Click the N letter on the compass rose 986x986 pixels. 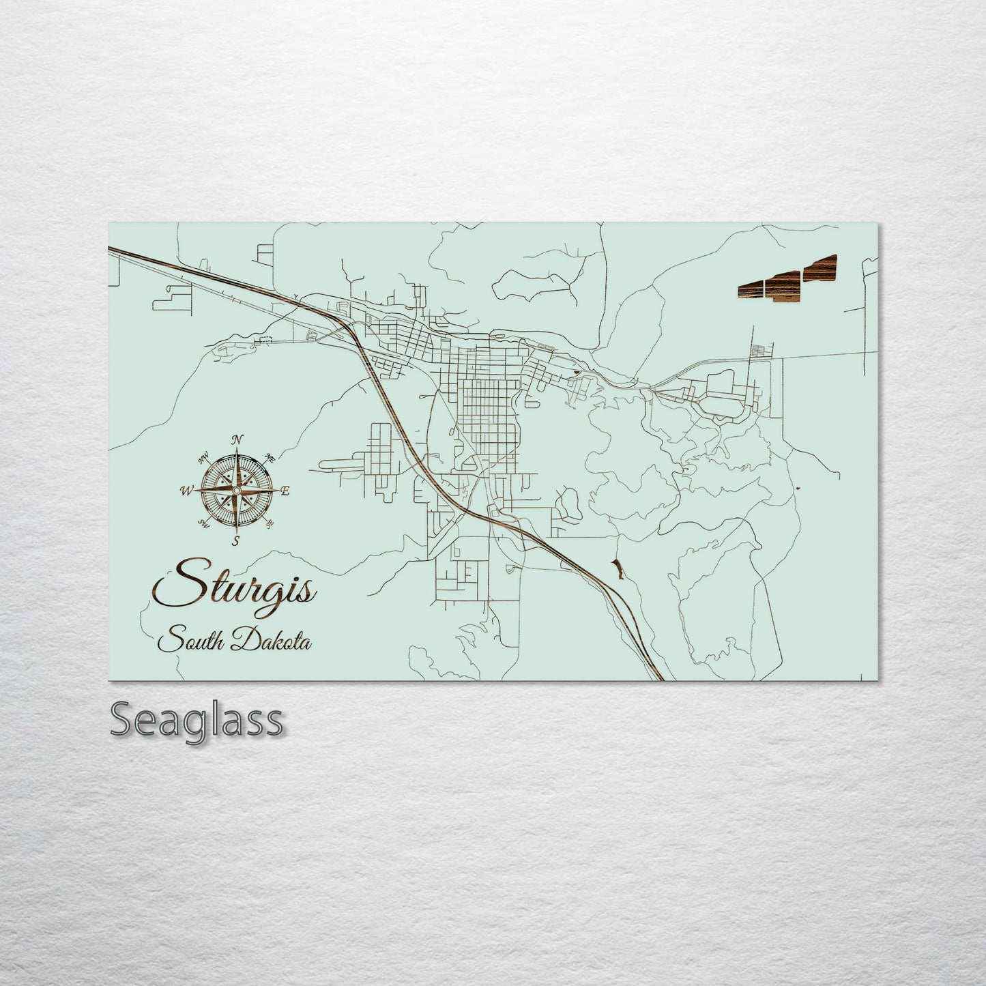click(237, 439)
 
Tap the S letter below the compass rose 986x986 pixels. click(236, 541)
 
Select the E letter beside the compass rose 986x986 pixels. click(286, 491)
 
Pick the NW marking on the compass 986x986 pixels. click(203, 458)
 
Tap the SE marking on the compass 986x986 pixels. click(270, 523)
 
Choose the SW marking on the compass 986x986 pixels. click(203, 523)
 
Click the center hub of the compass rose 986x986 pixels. click(236, 491)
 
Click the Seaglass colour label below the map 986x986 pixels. click(197, 720)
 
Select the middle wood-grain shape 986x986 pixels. click(784, 285)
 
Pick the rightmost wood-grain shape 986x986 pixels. click(820, 269)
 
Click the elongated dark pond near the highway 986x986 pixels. click(618, 567)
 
